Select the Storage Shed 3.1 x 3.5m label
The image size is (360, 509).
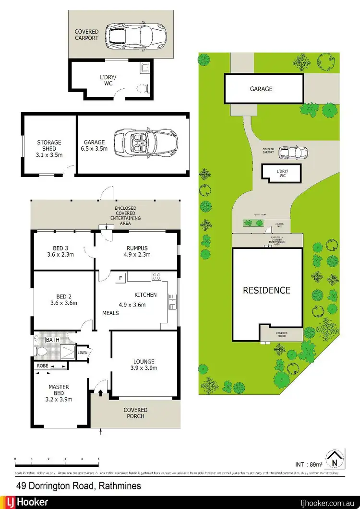pos(49,146)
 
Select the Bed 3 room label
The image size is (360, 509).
pos(60,251)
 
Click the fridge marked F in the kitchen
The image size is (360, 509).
pos(120,277)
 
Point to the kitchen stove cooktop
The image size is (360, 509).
pos(156,276)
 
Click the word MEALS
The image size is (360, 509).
pos(110,313)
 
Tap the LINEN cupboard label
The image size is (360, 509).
pos(83,353)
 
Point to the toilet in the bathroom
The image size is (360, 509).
pos(40,351)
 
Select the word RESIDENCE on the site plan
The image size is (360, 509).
pos(266,290)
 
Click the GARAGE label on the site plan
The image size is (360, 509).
pos(261,89)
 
